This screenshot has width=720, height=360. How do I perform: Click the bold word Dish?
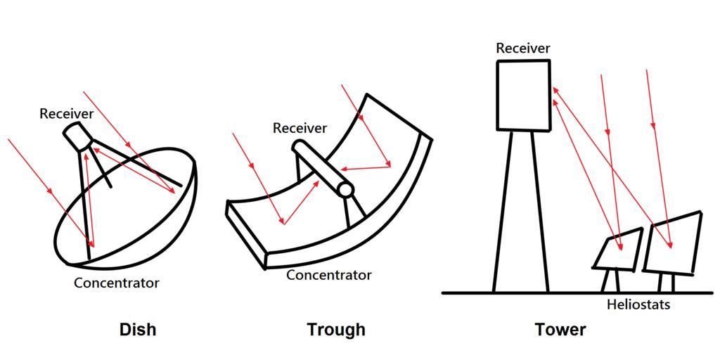click(138, 329)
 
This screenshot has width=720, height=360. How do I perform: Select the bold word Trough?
click(336, 329)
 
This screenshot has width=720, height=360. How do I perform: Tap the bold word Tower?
click(560, 329)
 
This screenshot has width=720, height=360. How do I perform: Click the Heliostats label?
click(638, 304)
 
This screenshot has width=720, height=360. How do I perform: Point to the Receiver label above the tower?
click(523, 49)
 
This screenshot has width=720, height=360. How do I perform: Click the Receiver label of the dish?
click(67, 114)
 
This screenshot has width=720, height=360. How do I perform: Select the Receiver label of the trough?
click(300, 128)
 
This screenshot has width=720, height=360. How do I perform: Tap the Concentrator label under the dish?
click(117, 283)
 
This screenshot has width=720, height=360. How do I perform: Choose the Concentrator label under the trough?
click(328, 275)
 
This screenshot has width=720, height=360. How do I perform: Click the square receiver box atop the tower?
click(524, 95)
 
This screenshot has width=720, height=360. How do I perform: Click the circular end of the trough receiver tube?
click(345, 190)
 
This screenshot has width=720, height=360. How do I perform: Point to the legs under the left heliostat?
click(610, 281)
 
